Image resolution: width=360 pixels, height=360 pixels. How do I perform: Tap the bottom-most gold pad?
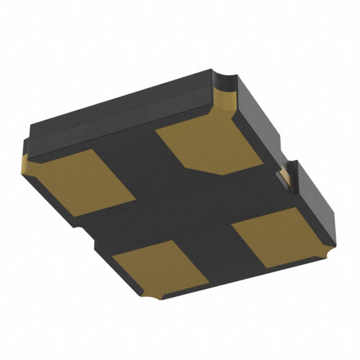coord(160,267)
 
